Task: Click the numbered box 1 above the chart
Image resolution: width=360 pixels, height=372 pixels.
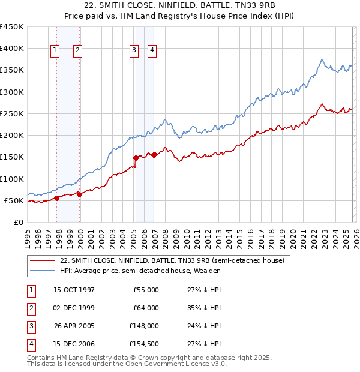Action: [x=55, y=51]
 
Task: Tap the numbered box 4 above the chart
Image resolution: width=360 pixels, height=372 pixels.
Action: [x=152, y=51]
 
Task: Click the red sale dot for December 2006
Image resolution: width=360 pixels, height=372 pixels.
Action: [x=154, y=155]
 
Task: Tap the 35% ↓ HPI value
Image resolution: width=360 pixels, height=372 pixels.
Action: [x=200, y=308]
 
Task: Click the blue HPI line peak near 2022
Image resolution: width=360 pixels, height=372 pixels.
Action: [x=322, y=59]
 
